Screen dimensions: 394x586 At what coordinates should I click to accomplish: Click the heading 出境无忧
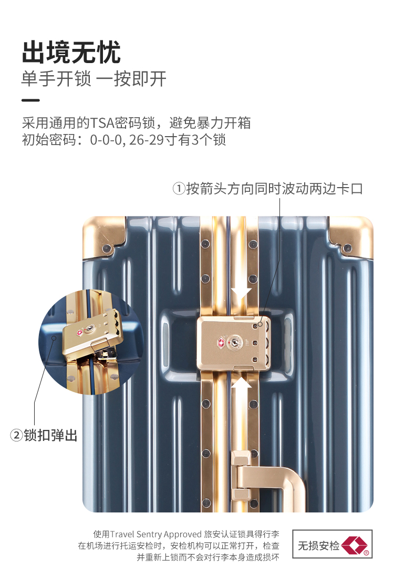point(71,53)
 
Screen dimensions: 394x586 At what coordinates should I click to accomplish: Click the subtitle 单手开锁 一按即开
point(94,79)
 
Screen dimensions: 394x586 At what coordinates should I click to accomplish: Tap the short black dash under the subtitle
point(30,100)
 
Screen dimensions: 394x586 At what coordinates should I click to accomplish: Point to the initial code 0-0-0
point(107,140)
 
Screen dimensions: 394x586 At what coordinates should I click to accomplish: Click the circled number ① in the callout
point(179,188)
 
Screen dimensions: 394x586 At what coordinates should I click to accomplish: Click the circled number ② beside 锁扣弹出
point(16,435)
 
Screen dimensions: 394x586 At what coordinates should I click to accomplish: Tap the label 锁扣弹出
point(50,435)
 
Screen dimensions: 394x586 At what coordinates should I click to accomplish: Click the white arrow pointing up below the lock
point(241,389)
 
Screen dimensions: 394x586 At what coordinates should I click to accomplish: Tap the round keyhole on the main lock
point(234,342)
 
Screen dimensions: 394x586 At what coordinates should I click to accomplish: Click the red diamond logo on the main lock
point(221,342)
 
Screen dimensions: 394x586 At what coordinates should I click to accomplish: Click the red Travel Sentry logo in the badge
point(355,545)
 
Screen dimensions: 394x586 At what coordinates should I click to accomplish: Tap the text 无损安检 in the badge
point(318,546)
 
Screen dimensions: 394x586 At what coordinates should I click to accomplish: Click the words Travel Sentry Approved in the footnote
point(156,534)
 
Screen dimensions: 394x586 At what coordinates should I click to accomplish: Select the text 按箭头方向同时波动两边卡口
point(275,188)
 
